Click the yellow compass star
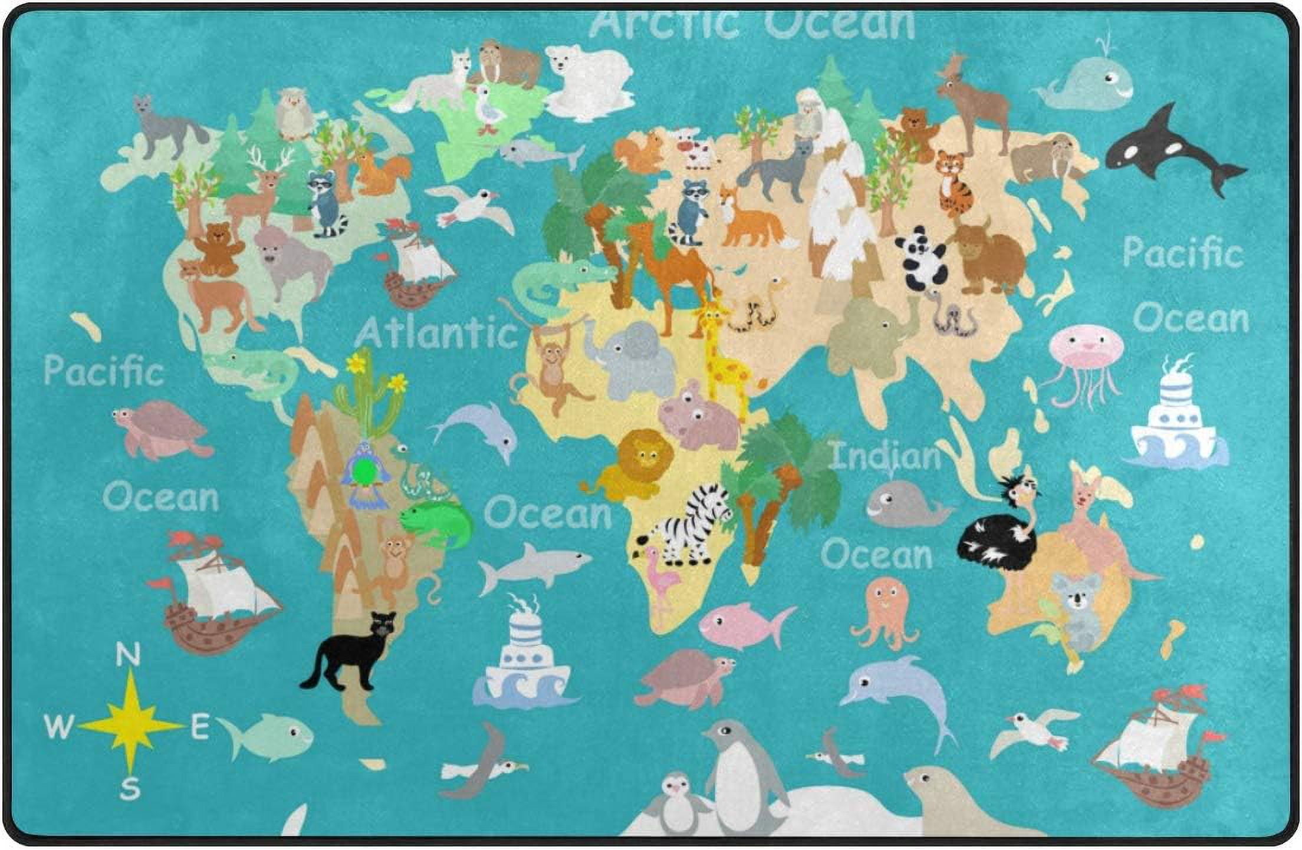coord(131,725)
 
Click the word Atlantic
coord(436,333)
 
